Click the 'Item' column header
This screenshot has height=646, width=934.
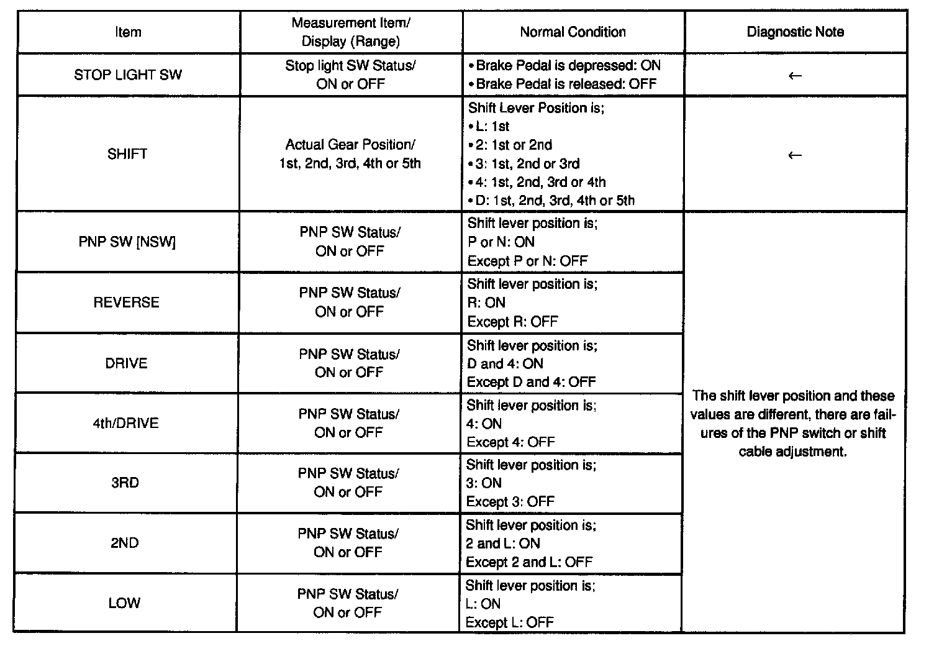128,32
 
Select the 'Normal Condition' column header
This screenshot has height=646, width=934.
573,32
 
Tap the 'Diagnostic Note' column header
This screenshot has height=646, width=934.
795,32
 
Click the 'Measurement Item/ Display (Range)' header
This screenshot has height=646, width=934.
351,32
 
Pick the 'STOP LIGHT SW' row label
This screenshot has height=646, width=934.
128,75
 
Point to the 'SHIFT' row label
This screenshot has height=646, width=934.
127,154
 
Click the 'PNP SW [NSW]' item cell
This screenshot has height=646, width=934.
127,242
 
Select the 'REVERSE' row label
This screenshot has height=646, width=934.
127,303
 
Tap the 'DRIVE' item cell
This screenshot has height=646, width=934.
127,363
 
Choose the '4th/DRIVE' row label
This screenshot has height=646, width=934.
126,423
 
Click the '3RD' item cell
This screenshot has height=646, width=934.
125,483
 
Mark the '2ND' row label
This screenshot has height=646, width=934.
125,543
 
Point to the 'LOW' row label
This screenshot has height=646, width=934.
125,603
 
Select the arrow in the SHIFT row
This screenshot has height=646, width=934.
794,155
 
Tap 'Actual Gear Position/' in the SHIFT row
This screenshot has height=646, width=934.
350,145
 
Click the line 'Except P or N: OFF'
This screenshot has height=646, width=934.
527,261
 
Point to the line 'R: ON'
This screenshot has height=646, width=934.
486,303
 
